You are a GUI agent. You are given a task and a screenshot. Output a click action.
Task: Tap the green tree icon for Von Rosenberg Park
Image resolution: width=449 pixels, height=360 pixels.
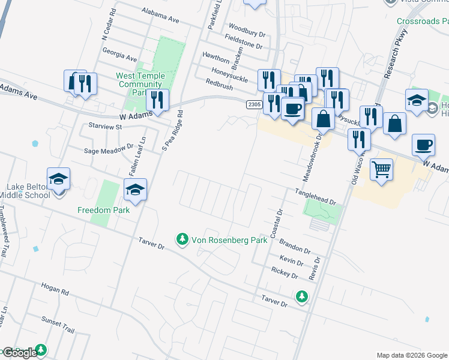(182, 239)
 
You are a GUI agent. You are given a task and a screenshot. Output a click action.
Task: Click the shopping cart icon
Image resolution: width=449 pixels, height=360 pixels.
(381, 170)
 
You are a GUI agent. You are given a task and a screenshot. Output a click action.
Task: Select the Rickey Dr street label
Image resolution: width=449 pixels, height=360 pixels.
(285, 274)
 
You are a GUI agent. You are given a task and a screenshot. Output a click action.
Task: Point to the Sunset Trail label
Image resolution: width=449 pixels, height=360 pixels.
(58, 322)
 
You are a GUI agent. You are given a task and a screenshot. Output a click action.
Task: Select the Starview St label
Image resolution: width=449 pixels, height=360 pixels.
(105, 127)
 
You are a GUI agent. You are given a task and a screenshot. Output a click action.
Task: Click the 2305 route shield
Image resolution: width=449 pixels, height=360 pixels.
(254, 104)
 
